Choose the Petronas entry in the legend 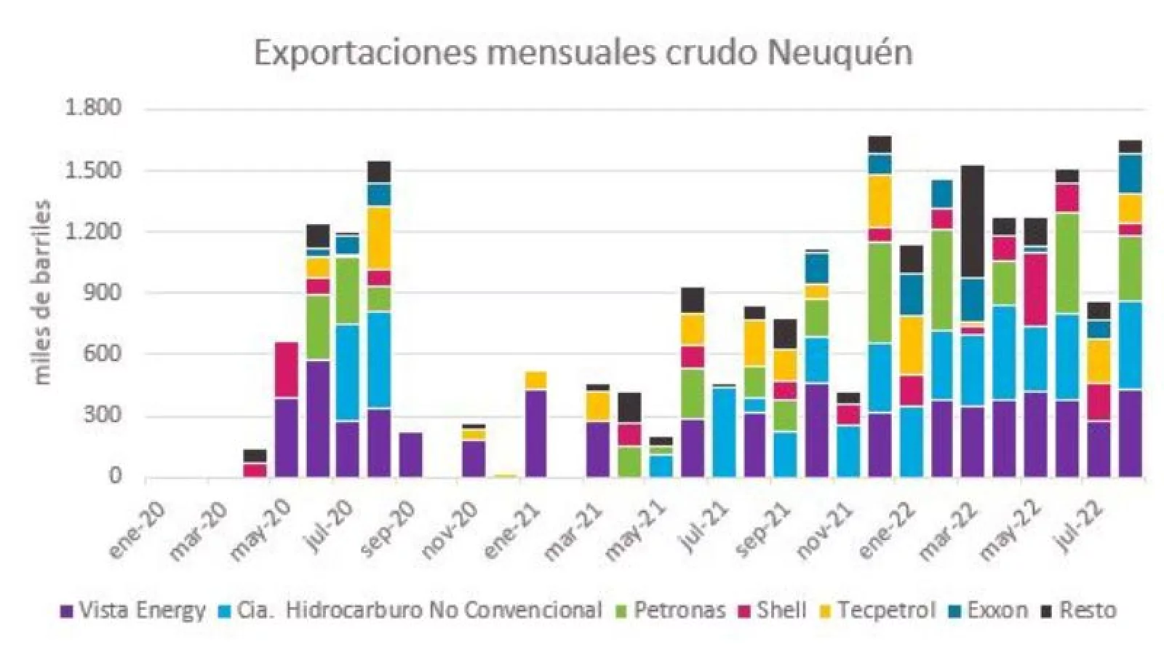(x=679, y=610)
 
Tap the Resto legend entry (x=1087, y=610)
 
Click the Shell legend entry (x=781, y=610)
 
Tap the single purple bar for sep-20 (x=410, y=455)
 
